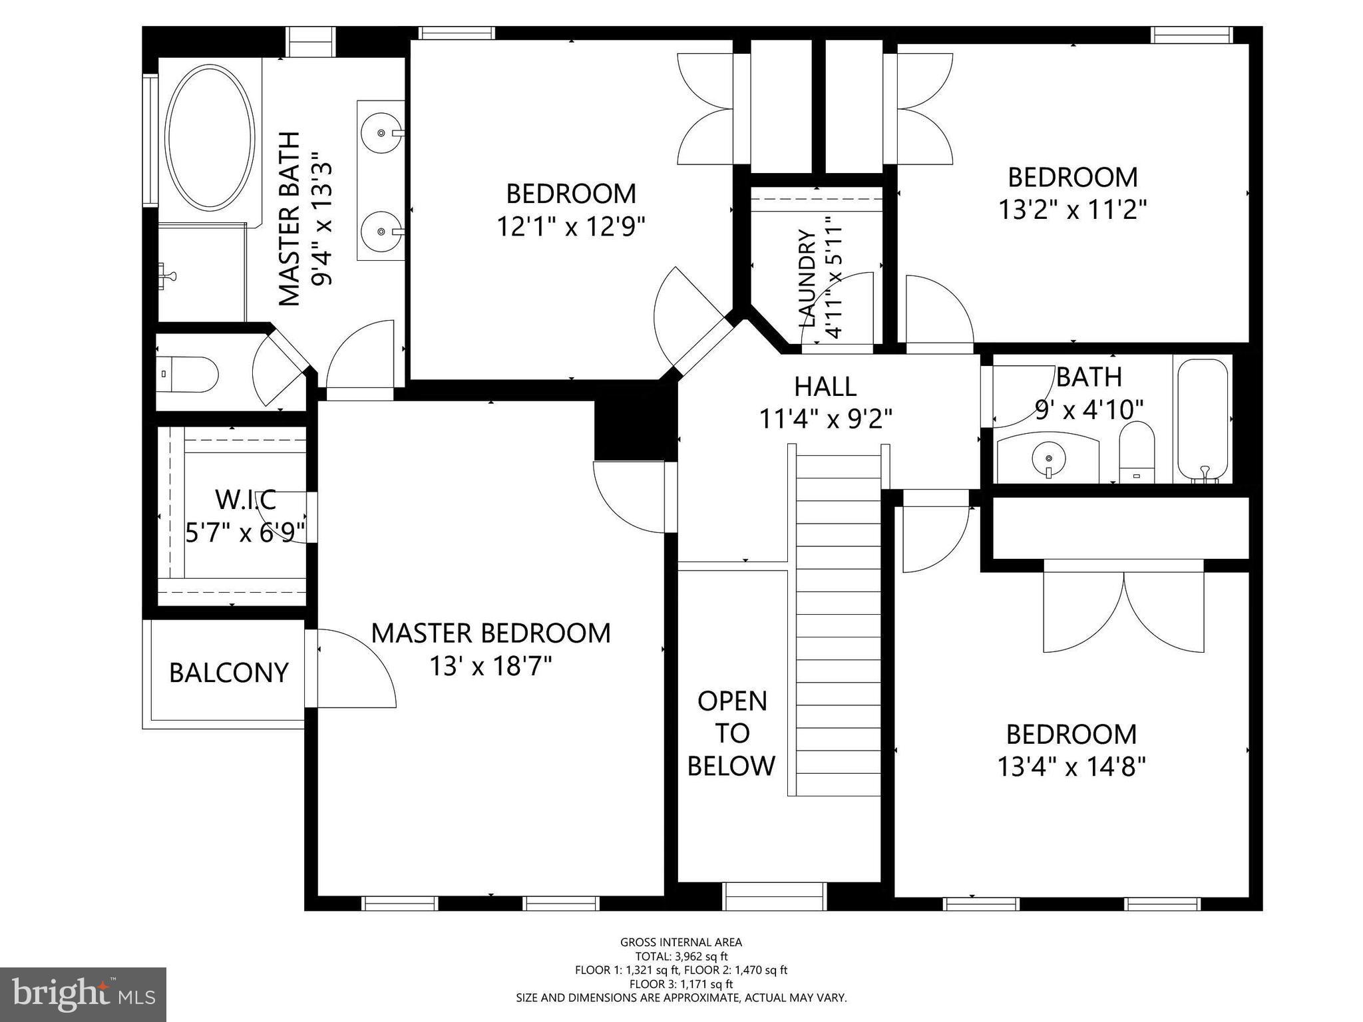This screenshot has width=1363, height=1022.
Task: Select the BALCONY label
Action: click(x=229, y=673)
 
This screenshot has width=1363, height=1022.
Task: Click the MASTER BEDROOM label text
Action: click(x=490, y=633)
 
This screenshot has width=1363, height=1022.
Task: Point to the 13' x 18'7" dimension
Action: click(x=490, y=665)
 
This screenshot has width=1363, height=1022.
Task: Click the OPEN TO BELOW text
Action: click(x=731, y=733)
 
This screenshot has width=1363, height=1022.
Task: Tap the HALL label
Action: click(x=825, y=386)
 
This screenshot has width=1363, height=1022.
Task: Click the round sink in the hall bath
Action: click(x=1049, y=458)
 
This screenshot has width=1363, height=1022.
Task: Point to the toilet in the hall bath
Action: click(x=1136, y=452)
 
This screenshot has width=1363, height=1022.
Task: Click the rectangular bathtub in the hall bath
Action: click(x=1202, y=420)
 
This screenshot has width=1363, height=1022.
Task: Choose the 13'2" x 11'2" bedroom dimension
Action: click(x=1073, y=210)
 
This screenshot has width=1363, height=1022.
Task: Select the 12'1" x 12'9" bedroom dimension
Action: click(x=572, y=227)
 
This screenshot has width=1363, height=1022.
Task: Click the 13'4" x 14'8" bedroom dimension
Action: click(x=1071, y=767)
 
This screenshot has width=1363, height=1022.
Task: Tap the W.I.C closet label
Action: click(x=246, y=499)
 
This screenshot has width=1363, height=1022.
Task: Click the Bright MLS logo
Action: click(x=83, y=995)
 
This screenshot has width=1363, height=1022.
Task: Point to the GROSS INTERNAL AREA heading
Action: click(x=681, y=942)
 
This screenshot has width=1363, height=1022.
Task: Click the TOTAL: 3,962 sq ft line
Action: click(x=681, y=957)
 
